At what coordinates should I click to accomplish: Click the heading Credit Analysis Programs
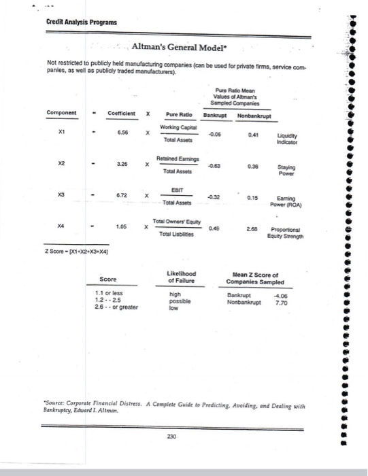[x=82, y=22]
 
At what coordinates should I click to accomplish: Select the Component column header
[x=62, y=113]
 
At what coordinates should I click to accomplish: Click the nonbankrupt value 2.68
[x=251, y=228]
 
